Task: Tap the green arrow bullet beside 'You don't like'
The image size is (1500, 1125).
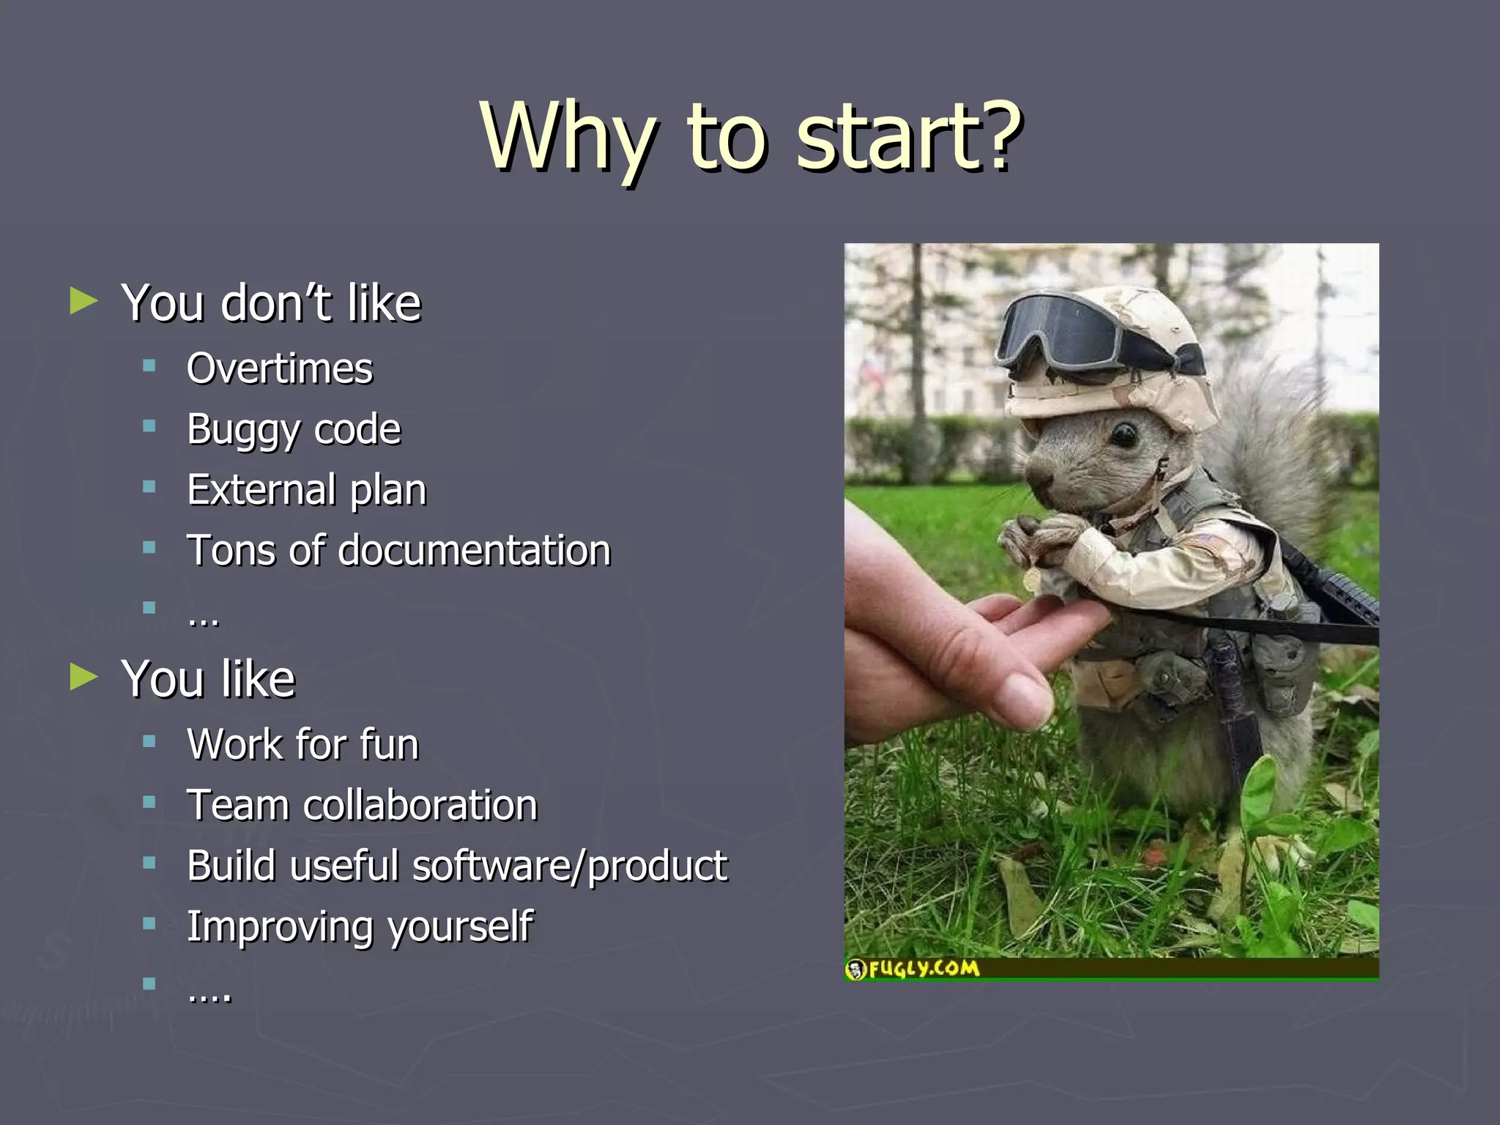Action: click(x=83, y=301)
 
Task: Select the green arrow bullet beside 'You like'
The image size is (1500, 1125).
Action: click(x=83, y=677)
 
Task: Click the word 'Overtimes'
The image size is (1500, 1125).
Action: click(x=280, y=368)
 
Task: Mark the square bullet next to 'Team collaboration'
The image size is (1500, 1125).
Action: click(x=149, y=803)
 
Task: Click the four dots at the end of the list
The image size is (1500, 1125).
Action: click(x=209, y=995)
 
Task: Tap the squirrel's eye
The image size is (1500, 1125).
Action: click(x=1123, y=437)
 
